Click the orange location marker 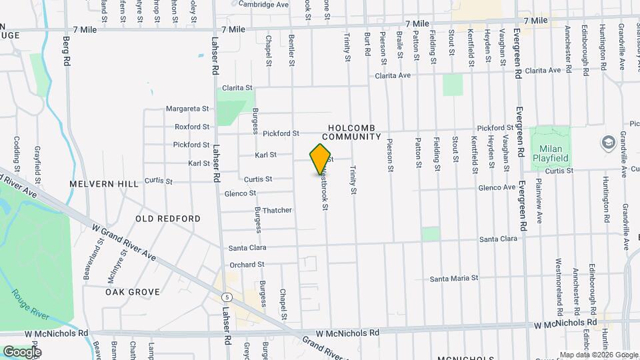tap(321, 159)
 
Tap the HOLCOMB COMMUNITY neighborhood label tap(354, 131)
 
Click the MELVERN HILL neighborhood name tap(104, 183)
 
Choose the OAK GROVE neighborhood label tap(133, 292)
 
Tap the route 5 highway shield tap(228, 297)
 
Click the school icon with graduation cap tap(608, 143)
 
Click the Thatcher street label tap(277, 210)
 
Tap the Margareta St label tap(187, 109)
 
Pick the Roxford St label tap(192, 127)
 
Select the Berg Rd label tap(67, 51)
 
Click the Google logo tap(22, 351)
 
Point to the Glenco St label tap(240, 193)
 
